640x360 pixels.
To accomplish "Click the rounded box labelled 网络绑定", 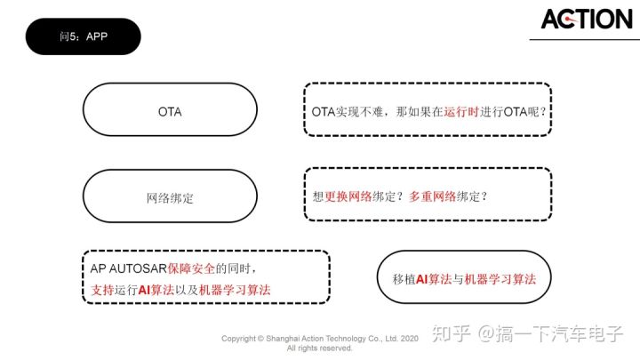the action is [x=169, y=196].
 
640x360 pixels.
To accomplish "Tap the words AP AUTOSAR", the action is [x=125, y=268].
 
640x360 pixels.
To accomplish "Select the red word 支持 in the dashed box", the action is [x=102, y=290].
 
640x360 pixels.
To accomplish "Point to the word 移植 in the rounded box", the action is [x=404, y=278].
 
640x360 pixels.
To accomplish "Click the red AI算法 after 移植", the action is [x=435, y=278].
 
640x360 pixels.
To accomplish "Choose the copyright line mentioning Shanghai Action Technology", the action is [x=319, y=339].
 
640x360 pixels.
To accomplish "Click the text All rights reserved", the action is [x=319, y=348].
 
